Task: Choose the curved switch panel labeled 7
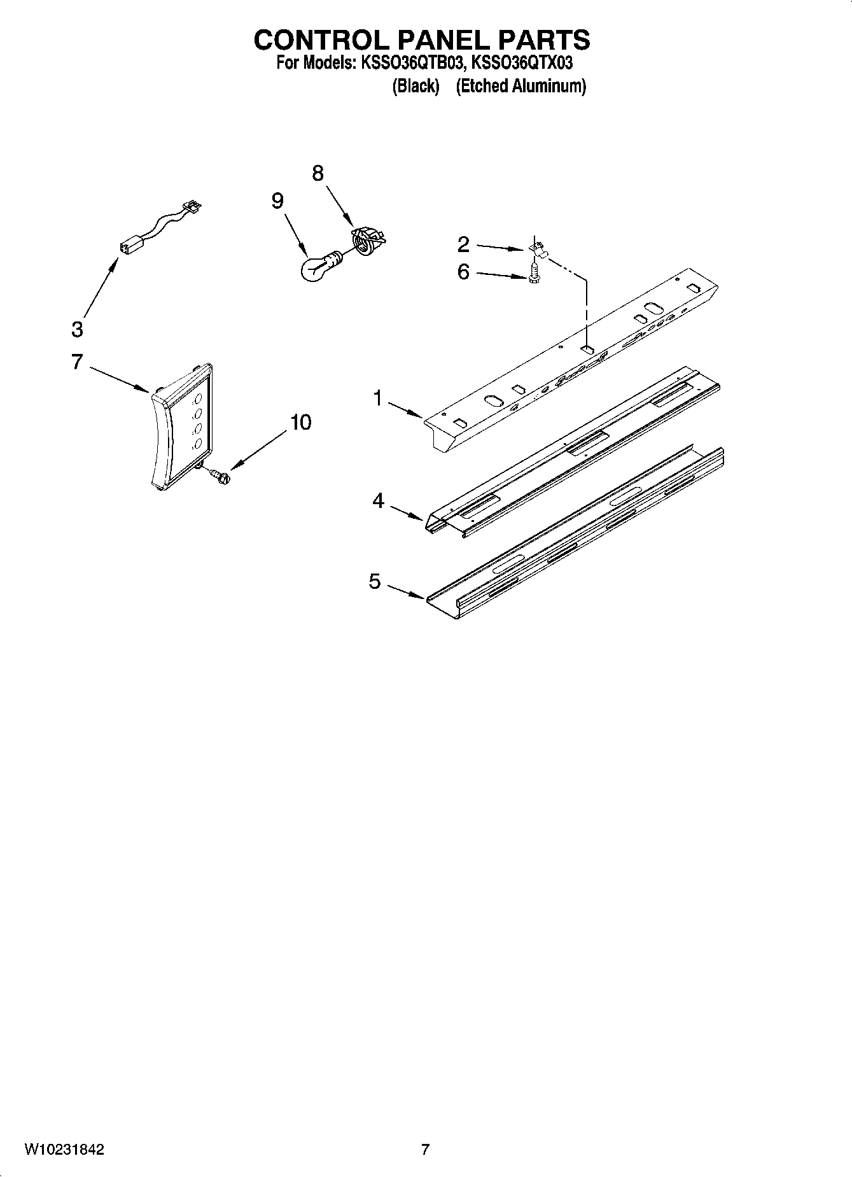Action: [x=182, y=427]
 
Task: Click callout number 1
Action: [x=378, y=399]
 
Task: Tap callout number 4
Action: [x=379, y=502]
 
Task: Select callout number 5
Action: [x=375, y=581]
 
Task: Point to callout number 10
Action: [x=301, y=422]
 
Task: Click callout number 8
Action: [x=318, y=173]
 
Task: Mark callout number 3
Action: [x=77, y=330]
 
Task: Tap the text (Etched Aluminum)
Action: [x=520, y=86]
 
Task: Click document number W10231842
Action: [x=64, y=1150]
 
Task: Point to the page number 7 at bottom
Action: [x=425, y=1150]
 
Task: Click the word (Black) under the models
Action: [x=416, y=86]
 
